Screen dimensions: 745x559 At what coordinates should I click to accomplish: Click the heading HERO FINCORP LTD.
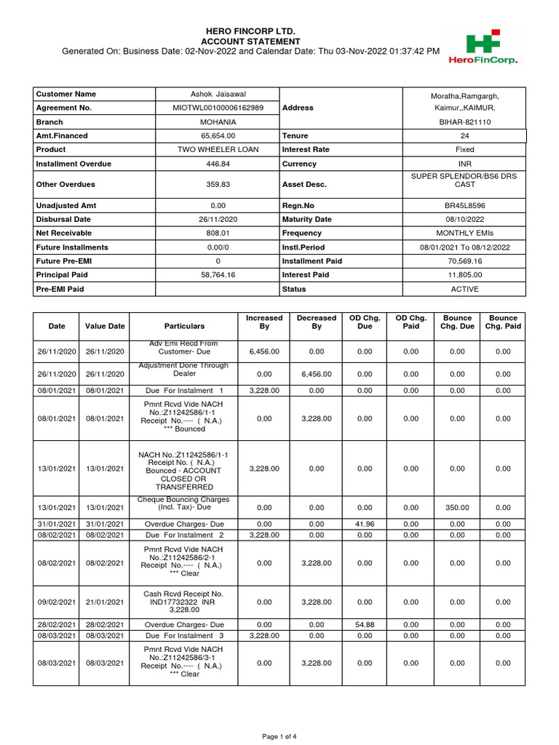251,31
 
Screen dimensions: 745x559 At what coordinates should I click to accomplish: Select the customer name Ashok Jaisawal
218,94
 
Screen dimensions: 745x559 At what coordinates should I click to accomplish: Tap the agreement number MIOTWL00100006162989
218,108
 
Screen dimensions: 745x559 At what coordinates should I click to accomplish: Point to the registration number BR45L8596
464,206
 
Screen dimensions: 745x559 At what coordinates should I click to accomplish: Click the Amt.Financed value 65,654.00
218,136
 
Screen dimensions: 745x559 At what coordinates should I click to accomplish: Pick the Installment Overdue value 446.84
218,164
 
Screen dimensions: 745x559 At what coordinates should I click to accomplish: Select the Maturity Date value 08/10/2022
464,220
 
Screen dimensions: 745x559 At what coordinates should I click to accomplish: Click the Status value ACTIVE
464,289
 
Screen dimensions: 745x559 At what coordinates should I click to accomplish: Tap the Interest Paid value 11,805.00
464,275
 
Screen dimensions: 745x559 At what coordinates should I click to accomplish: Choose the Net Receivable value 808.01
218,234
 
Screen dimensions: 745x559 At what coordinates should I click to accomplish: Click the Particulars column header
184,327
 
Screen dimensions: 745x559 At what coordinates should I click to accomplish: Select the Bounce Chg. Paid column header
503,322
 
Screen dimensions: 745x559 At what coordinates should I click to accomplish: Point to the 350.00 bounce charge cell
457,507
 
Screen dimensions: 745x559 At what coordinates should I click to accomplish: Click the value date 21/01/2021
105,602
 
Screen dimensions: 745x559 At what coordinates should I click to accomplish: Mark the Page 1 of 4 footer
279,737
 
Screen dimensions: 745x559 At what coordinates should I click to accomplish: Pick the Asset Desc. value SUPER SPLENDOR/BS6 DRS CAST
464,180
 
